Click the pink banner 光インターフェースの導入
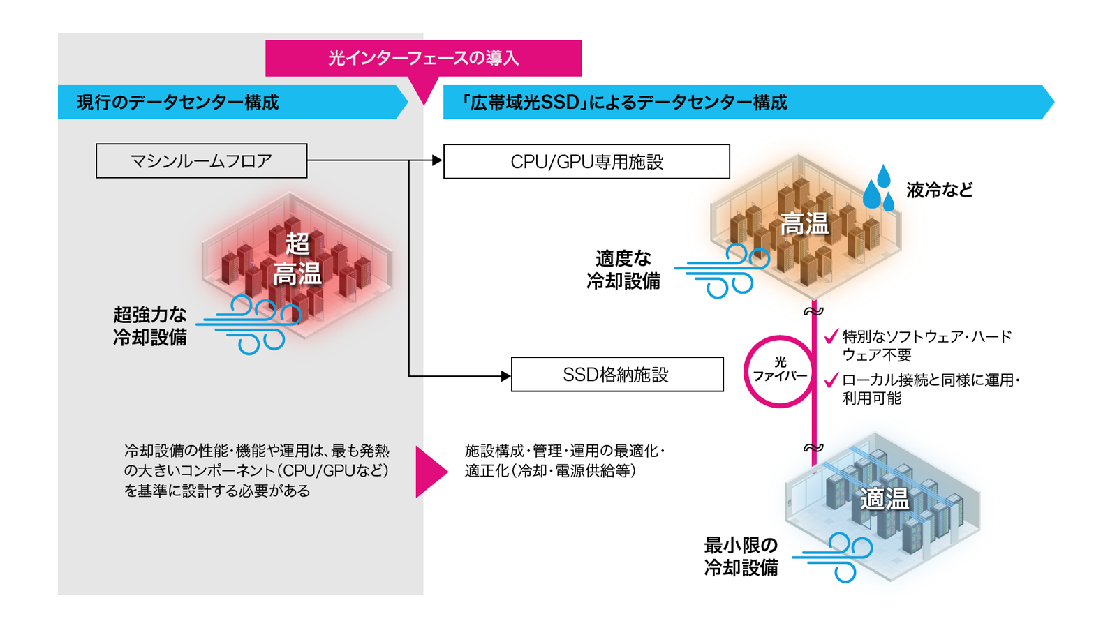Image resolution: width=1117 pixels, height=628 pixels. [x=423, y=58]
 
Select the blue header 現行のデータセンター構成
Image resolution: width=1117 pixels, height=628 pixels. [x=177, y=103]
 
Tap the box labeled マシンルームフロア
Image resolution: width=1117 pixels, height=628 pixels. [x=201, y=161]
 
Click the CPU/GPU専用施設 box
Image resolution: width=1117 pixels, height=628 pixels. [x=586, y=162]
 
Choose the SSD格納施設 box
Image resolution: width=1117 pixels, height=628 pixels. [x=616, y=375]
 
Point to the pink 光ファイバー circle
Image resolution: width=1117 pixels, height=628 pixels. [x=779, y=371]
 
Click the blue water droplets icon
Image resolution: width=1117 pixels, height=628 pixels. [x=879, y=188]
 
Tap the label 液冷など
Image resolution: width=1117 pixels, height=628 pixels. [x=939, y=190]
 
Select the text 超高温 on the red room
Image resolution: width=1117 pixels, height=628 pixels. [x=297, y=259]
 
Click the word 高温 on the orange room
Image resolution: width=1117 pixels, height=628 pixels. [x=804, y=225]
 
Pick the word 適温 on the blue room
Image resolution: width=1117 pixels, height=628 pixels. [x=885, y=499]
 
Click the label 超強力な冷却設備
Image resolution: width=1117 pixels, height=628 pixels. [x=150, y=326]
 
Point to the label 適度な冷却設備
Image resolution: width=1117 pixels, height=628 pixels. [x=623, y=270]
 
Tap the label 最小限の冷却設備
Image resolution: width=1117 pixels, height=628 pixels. [x=741, y=556]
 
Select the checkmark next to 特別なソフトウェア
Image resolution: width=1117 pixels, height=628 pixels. [x=831, y=337]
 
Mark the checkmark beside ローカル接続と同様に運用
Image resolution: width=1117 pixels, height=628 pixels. [x=831, y=380]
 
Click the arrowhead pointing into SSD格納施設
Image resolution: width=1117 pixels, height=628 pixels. [x=506, y=376]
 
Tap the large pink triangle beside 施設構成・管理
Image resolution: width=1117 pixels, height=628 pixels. [x=430, y=472]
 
